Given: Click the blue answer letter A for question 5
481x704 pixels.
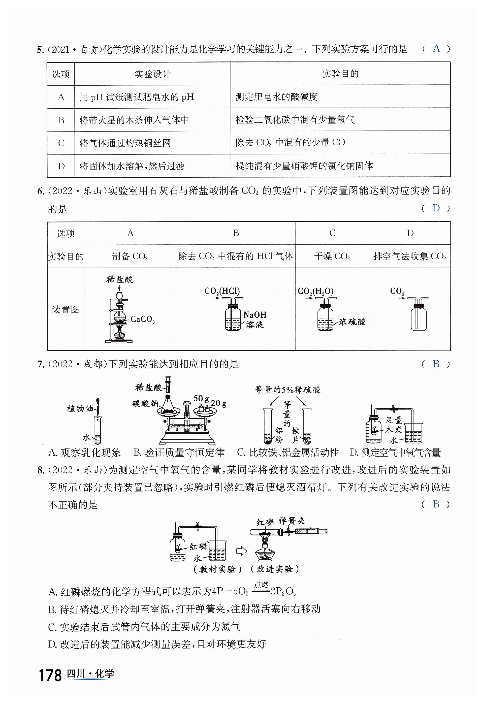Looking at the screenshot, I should coord(436,48).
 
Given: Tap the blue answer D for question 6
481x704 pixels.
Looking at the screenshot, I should coord(436,208).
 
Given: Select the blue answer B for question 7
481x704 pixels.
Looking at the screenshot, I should coord(436,364).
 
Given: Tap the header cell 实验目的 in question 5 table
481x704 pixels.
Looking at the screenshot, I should coord(340,74).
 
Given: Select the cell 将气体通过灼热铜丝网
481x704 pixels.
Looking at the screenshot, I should coord(125,143).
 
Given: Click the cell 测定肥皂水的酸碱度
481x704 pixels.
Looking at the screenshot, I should coord(277,97).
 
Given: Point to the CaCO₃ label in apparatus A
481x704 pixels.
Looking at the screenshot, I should coord(142,319).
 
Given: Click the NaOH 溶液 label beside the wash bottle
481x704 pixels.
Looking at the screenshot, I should coord(255,319).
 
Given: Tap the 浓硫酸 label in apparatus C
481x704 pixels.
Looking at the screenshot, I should coord(352,322).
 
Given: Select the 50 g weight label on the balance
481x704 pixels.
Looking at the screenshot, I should coord(201,398).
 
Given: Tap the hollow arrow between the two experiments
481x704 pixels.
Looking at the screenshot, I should coord(241,551).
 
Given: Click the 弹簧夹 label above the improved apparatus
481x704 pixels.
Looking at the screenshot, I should coord(292,521).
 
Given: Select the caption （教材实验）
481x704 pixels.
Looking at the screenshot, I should coord(217,569).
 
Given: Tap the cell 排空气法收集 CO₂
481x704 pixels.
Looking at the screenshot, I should coord(409,257).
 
